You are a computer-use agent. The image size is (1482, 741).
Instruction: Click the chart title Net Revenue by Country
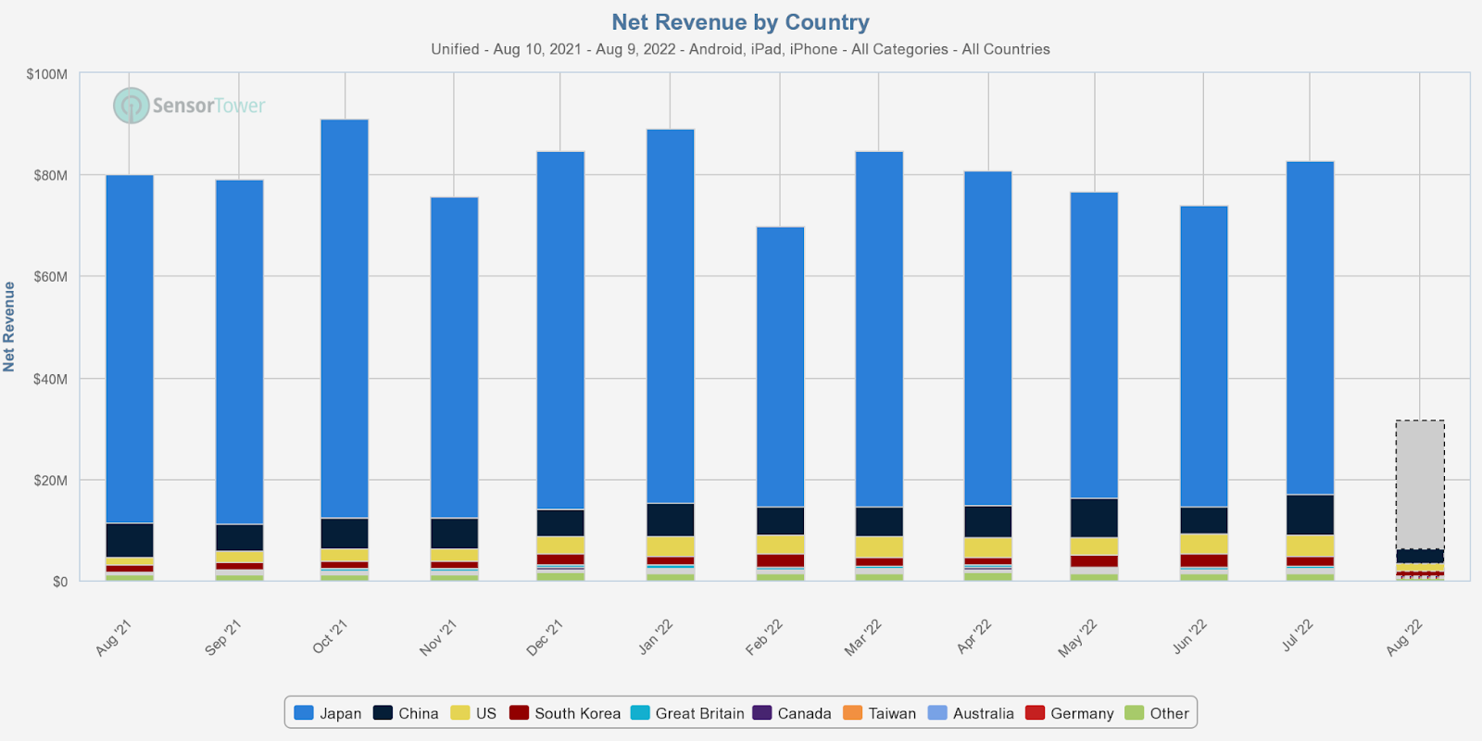[740, 22]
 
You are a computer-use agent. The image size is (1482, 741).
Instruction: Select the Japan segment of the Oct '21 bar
[345, 315]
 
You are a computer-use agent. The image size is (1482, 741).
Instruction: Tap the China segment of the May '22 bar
[1094, 518]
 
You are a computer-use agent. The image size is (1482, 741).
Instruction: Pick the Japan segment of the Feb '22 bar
[780, 366]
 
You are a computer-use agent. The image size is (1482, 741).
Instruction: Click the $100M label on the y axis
[46, 74]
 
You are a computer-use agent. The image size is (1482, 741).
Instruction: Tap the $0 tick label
[59, 582]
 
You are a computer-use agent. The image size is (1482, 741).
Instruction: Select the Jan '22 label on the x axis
[656, 636]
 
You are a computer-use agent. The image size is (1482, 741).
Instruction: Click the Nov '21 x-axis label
[438, 638]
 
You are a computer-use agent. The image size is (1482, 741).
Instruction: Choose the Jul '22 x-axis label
[1297, 636]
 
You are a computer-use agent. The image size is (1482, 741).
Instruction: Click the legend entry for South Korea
[565, 713]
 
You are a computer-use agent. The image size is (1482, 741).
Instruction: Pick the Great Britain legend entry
[687, 713]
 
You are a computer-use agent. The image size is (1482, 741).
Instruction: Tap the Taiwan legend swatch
[853, 713]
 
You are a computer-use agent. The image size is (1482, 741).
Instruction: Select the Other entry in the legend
[1157, 713]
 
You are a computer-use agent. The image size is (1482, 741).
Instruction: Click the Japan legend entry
[328, 713]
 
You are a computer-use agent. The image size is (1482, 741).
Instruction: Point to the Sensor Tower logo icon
[132, 106]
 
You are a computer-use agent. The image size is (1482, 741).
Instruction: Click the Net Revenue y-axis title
[9, 327]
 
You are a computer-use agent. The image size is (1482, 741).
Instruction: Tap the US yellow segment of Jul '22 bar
[1310, 546]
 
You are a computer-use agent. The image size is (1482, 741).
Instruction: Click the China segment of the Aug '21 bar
[130, 540]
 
